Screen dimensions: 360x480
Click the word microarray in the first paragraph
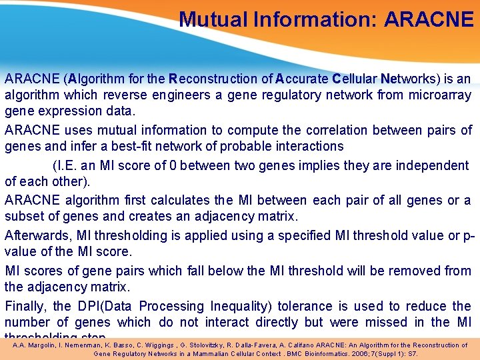point(439,95)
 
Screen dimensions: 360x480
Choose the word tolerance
point(312,306)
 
